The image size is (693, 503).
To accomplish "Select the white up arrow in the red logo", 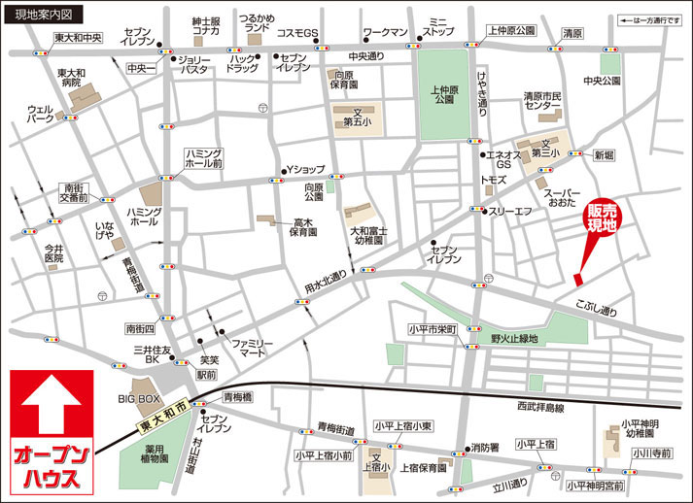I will [x=51, y=407].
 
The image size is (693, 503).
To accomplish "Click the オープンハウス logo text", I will [x=52, y=467].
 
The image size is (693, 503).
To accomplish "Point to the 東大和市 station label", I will [x=161, y=413].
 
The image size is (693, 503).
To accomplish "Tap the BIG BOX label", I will [x=139, y=399].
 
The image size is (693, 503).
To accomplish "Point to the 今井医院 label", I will [x=53, y=254].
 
